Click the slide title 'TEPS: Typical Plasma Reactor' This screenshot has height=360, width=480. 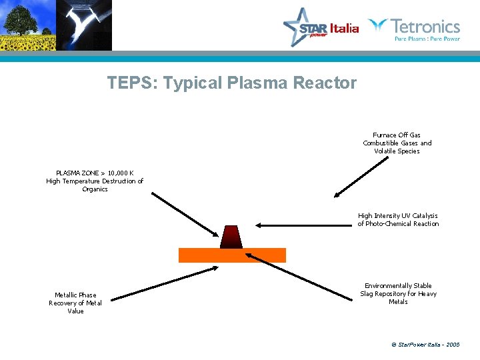coord(232,83)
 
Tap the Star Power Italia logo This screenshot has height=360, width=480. coord(320,27)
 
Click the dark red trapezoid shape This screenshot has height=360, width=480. coord(231,237)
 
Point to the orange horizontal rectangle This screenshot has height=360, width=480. coord(232,255)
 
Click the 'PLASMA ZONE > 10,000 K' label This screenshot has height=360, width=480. coord(95,181)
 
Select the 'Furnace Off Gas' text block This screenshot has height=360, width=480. coord(397,143)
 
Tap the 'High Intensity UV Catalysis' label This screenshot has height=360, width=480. coord(398,219)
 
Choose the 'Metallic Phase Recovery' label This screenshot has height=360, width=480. coord(75,303)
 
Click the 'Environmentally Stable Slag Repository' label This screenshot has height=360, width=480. coord(398,293)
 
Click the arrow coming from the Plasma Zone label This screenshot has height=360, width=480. coord(185,215)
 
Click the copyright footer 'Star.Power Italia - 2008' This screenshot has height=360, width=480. coord(425,345)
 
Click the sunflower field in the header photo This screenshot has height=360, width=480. coord(27,43)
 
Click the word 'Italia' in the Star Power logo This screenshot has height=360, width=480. coord(345,28)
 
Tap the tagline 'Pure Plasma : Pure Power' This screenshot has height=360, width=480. coord(427,39)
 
